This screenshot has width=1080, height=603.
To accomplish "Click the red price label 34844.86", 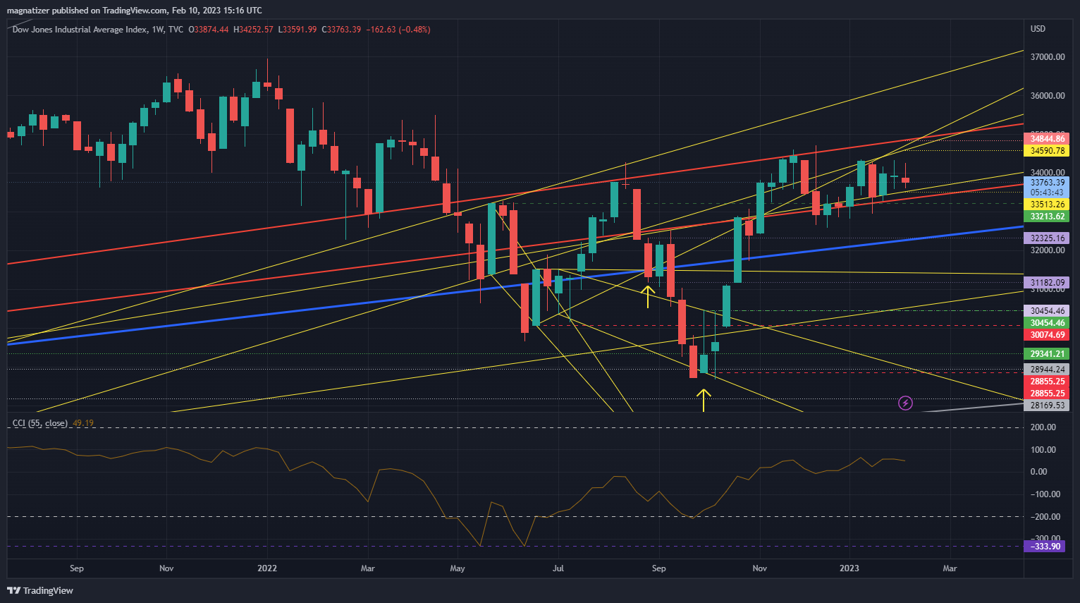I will [1047, 139].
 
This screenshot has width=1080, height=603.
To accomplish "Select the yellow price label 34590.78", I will [1047, 151].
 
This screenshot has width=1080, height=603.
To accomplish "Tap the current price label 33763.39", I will [1047, 183].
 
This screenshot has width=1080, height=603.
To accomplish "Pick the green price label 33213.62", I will [1047, 217].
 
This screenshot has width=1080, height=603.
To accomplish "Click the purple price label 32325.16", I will [1047, 238].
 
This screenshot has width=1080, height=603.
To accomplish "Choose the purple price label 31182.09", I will [1047, 283].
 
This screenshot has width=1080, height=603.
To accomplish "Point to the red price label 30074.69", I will [1047, 335].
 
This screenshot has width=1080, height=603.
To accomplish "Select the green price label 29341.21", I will [1047, 354].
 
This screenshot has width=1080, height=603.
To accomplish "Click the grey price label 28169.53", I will [1047, 406].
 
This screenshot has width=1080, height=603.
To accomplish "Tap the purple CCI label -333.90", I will [1046, 547].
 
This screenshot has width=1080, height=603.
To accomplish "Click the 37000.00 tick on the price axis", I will [1047, 57].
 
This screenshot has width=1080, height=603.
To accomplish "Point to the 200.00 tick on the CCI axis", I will [1043, 427].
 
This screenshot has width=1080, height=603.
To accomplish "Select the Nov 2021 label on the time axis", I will [166, 568].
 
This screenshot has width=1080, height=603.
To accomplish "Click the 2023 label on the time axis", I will [849, 568].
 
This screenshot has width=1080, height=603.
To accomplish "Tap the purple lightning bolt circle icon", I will [905, 403].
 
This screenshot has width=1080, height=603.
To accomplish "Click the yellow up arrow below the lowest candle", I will [704, 399].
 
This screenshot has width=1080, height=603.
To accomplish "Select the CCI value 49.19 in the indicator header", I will [83, 423].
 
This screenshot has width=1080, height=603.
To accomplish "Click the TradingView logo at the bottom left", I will [40, 590].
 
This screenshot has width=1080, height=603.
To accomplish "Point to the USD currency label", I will [1038, 29].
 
